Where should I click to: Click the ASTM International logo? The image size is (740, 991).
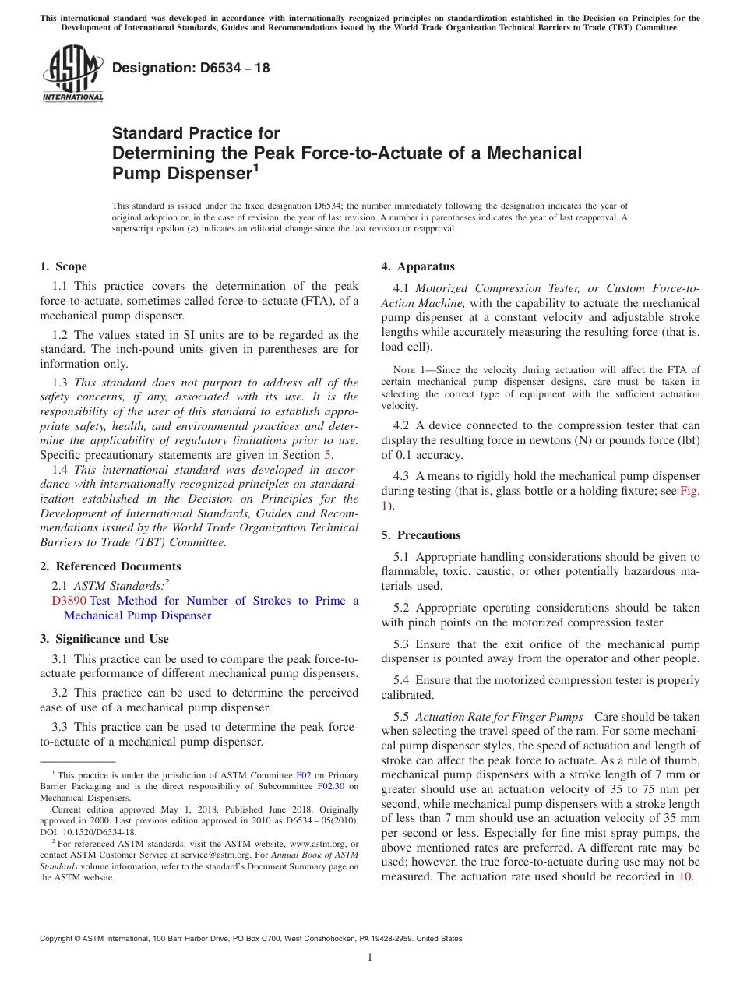click(72, 73)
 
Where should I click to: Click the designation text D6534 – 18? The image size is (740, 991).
click(191, 68)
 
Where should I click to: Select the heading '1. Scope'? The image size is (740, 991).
click(63, 266)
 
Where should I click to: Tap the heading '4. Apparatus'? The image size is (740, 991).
click(418, 266)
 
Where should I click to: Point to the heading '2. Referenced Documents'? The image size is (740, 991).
click(110, 566)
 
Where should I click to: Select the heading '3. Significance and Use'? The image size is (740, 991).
click(104, 639)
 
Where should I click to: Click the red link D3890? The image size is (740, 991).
click(69, 601)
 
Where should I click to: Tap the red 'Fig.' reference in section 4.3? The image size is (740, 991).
click(690, 491)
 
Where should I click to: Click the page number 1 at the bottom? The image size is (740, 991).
click(370, 957)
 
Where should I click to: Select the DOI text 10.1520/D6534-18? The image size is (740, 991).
click(97, 832)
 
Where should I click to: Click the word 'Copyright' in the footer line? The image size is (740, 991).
click(58, 939)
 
